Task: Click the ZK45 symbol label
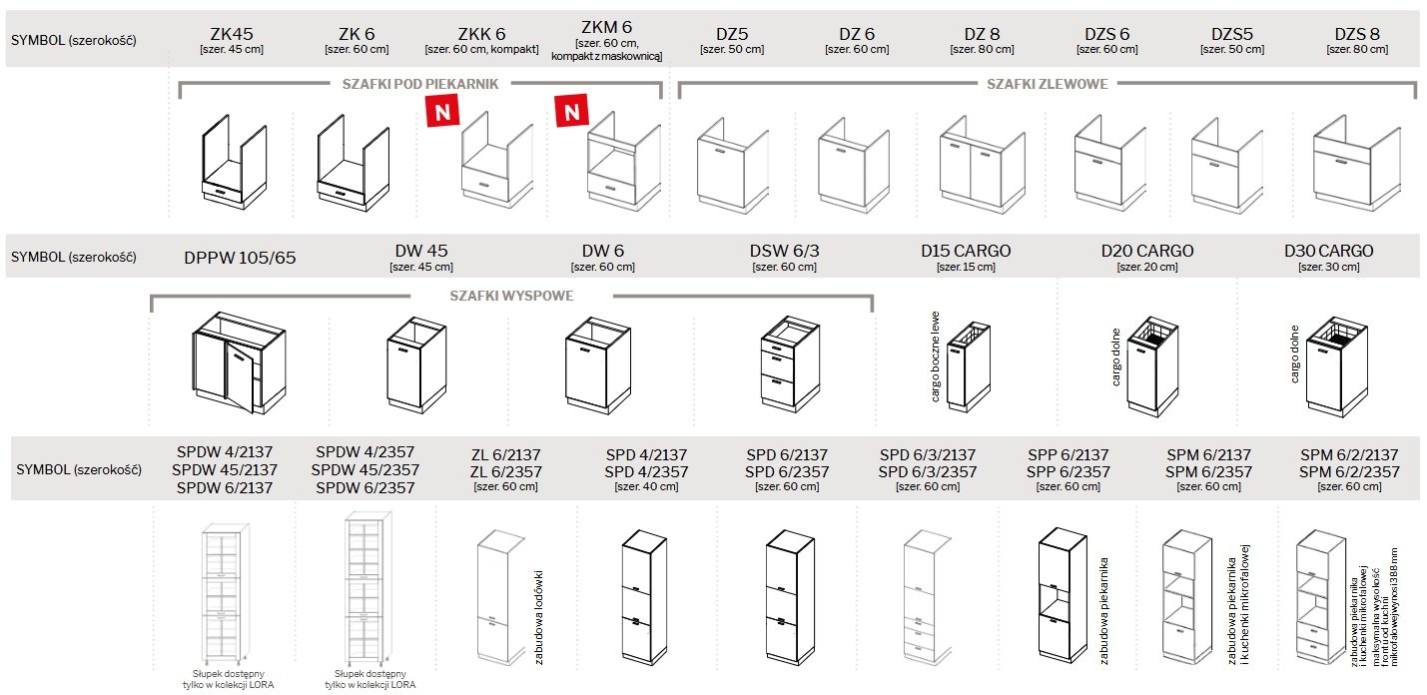pos(232,33)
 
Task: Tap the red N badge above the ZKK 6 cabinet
pos(441,111)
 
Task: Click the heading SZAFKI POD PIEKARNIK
pos(419,84)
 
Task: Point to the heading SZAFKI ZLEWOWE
pos(1047,84)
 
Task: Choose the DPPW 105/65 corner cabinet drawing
pos(229,361)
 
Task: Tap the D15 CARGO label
pos(965,251)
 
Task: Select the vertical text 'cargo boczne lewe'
pos(936,354)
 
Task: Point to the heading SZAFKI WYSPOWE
pos(510,296)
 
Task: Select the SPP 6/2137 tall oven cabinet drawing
pos(1062,594)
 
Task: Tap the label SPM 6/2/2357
pos(1349,471)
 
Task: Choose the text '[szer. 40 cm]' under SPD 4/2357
pos(645,487)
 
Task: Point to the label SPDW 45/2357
pos(364,470)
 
